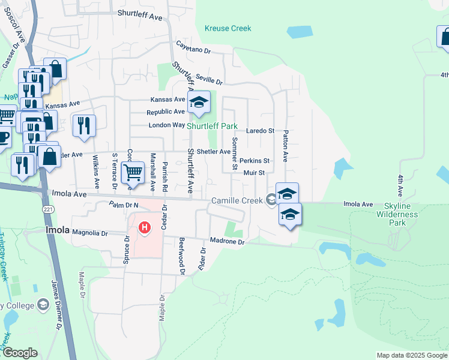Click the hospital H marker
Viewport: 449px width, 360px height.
coord(145,228)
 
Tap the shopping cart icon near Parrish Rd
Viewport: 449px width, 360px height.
coord(133,173)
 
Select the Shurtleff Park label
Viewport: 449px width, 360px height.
coord(211,127)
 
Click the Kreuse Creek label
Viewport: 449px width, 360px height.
coord(228,28)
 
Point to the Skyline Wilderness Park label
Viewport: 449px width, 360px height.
coord(397,214)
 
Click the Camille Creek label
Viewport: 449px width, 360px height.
coord(237,200)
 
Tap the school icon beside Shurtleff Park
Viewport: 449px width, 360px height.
coord(199,103)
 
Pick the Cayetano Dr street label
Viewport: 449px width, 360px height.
coord(193,47)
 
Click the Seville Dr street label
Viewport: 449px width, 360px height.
coord(209,78)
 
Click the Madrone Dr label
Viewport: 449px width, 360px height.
coord(227,242)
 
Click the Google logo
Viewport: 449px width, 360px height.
coord(20,353)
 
